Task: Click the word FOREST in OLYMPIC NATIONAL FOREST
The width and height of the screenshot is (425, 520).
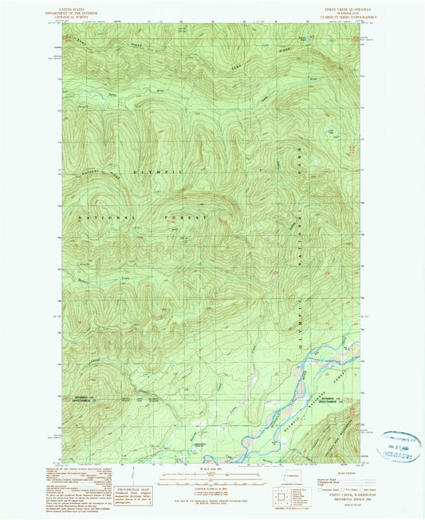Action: (x=189, y=217)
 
